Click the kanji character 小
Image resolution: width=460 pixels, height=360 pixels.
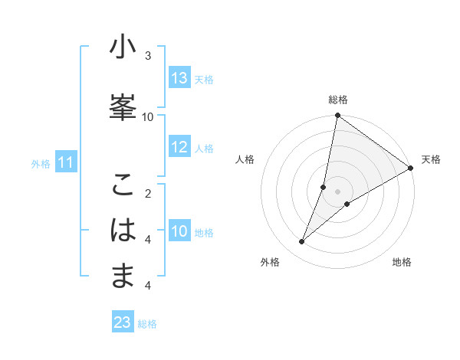coord(123,47)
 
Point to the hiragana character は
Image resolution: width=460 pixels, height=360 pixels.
coord(123,231)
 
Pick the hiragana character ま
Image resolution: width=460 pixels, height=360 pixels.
coord(123,276)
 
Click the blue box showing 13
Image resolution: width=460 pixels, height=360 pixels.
coord(179,78)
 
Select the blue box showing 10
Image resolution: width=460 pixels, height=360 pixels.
coord(179,231)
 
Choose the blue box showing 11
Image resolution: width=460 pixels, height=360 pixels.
coord(66,162)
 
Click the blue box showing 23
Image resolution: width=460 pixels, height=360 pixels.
coord(122,322)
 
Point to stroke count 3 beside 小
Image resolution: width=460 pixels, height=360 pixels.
coord(148,56)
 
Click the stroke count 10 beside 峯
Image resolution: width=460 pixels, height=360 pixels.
coord(148,116)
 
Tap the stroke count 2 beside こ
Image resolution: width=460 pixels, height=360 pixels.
coord(148,193)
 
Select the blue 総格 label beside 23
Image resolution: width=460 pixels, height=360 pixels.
coord(147,324)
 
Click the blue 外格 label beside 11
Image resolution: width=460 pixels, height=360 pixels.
coord(41,163)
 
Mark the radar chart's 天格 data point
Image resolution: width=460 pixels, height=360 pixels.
coord(411,169)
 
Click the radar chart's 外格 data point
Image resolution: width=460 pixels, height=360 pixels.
coord(301,242)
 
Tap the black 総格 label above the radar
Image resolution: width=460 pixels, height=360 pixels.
coord(337,100)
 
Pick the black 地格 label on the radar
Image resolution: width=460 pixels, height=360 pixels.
coord(402,262)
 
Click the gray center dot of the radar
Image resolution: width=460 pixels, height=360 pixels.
coord(337,191)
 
